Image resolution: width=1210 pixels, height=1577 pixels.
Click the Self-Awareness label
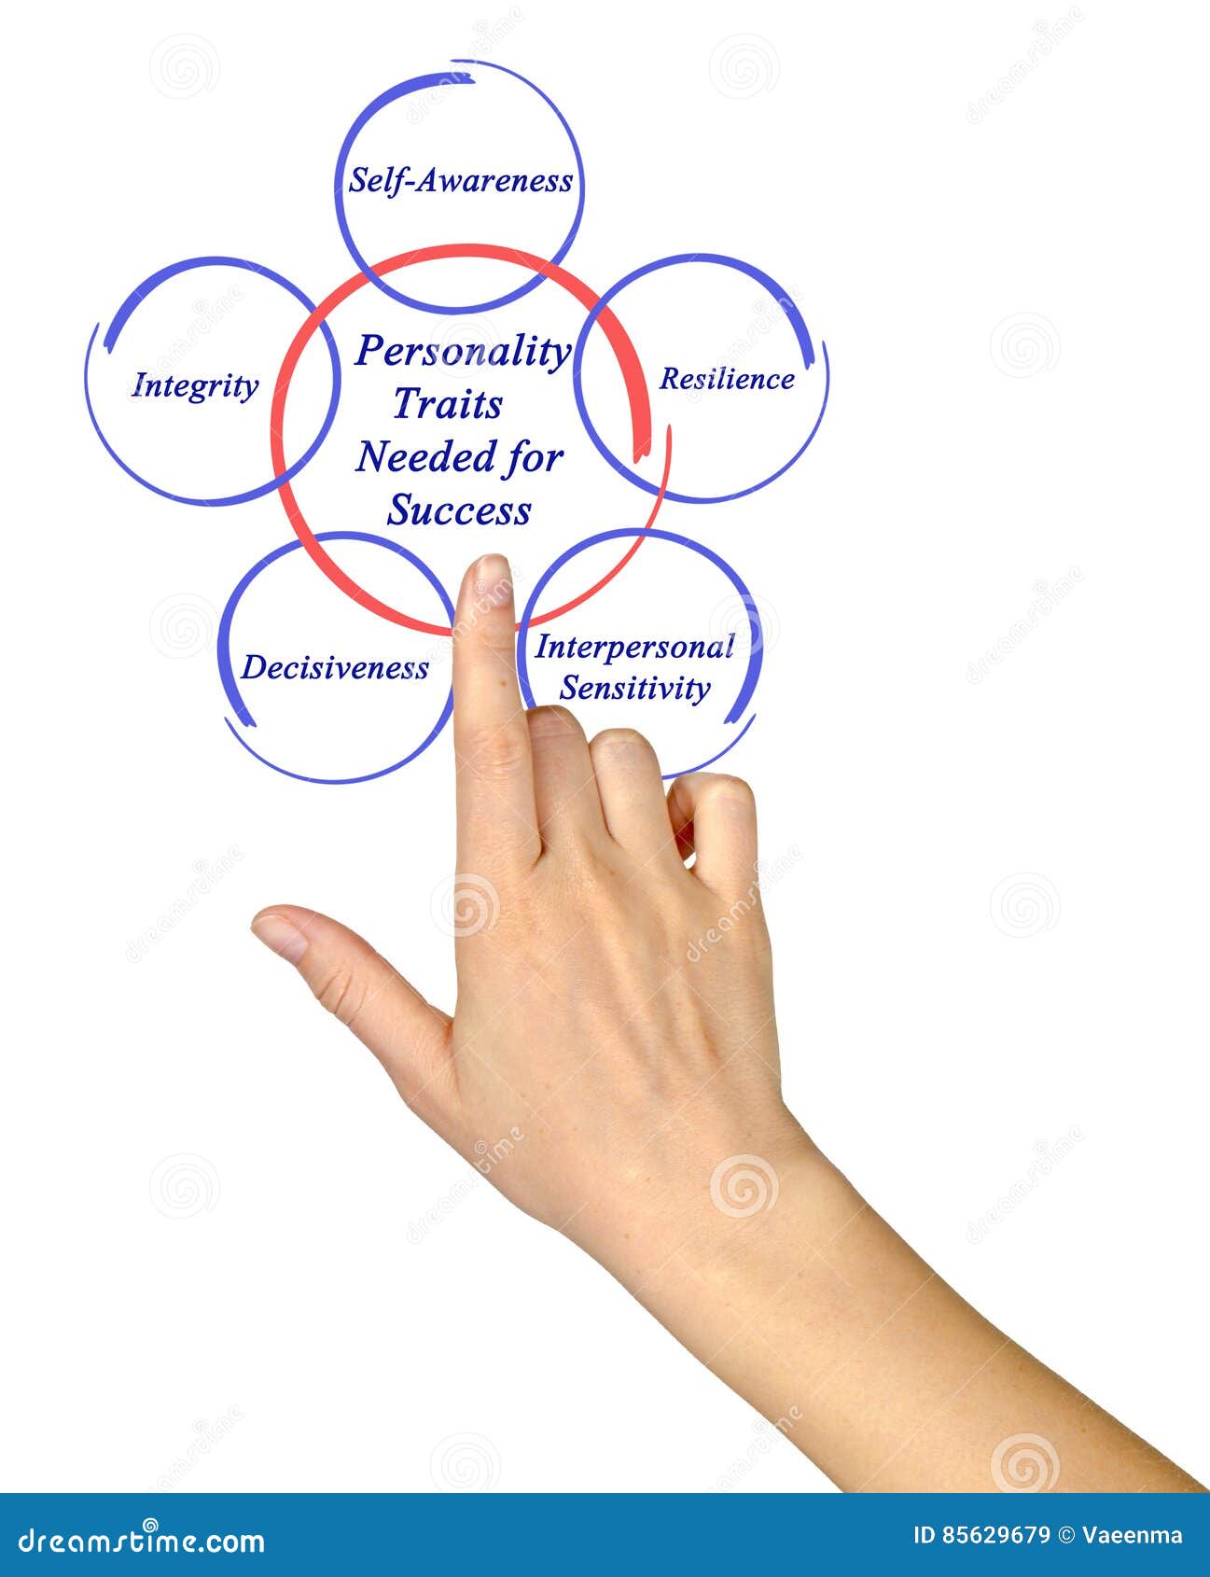pyautogui.click(x=460, y=180)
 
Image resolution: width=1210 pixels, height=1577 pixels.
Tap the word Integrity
pyautogui.click(x=195, y=385)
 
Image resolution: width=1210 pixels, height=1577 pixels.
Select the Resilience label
pyautogui.click(x=727, y=379)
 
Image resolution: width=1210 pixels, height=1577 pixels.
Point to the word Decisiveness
pyautogui.click(x=335, y=668)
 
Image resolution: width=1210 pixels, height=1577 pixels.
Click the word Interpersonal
pyautogui.click(x=634, y=647)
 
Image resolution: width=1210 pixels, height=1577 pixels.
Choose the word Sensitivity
pyautogui.click(x=634, y=689)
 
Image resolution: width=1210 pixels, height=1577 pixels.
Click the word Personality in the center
pyautogui.click(x=463, y=352)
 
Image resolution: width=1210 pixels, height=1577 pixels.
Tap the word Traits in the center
pyautogui.click(x=447, y=404)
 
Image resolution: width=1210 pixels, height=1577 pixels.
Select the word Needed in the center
pyautogui.click(x=412, y=457)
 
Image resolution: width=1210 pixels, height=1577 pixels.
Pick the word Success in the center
pyautogui.click(x=459, y=510)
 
